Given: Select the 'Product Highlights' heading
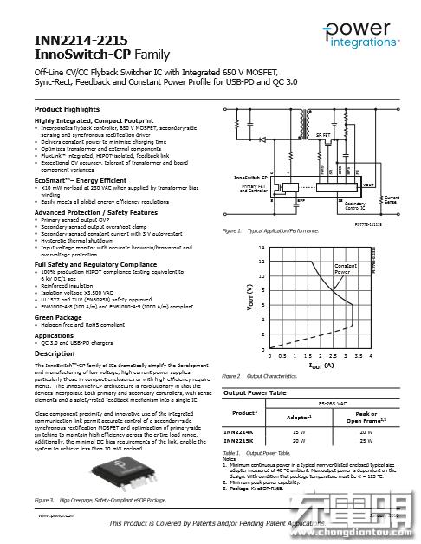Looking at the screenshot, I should [67, 110].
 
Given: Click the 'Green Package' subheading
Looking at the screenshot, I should [59, 317].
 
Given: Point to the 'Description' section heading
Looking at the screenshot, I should [55, 353].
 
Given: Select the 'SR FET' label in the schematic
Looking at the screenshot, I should [322, 135].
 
